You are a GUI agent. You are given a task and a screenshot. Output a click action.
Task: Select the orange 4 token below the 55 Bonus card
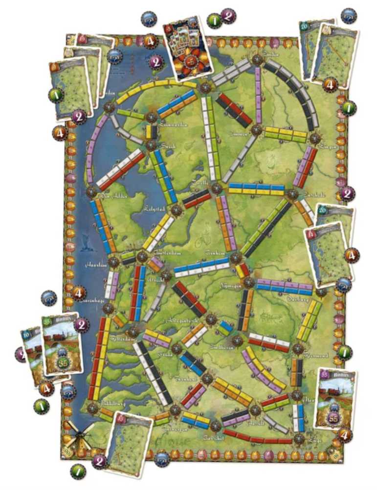tap(344, 435)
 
